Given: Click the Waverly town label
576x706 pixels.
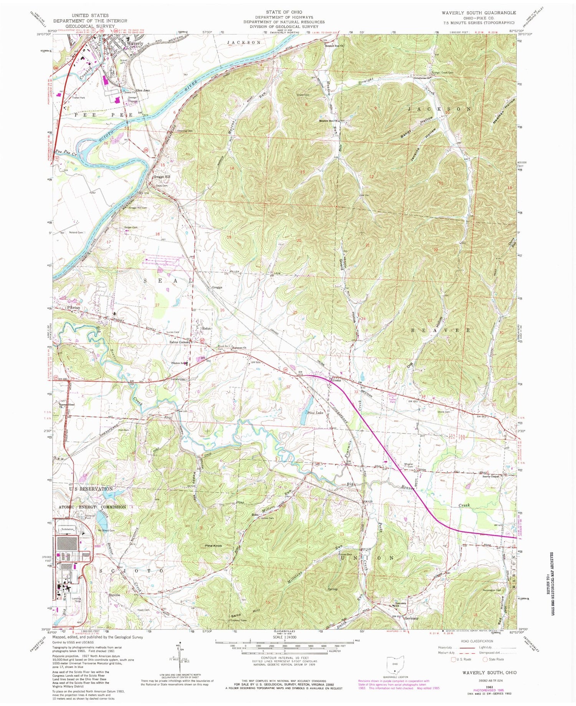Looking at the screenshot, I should click(x=135, y=43).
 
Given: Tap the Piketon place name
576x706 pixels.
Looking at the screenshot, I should click(x=73, y=308).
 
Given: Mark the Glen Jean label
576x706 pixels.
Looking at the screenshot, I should click(x=142, y=90).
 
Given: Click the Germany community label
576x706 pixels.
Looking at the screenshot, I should click(x=411, y=618).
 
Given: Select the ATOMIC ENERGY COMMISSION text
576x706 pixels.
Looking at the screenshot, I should click(x=92, y=507).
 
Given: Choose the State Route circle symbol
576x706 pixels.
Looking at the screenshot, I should click(x=485, y=660).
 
